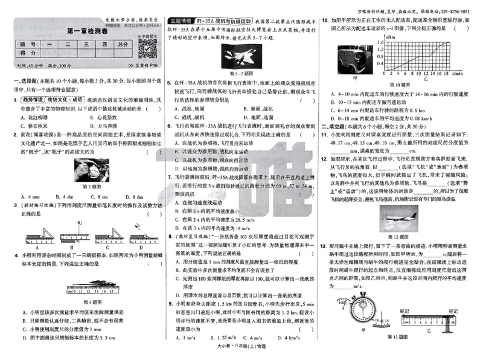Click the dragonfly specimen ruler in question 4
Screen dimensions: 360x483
[x=88, y=286]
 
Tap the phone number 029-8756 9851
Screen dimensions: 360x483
[x=455, y=11]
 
